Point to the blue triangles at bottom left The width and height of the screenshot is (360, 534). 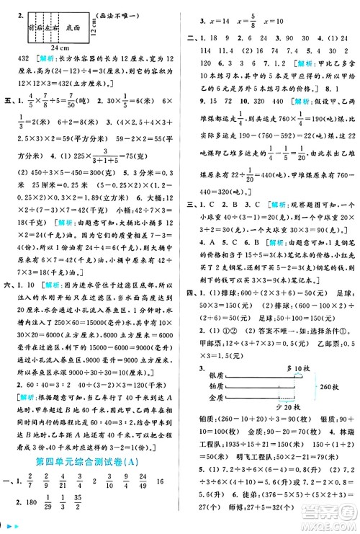(10, 529)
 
